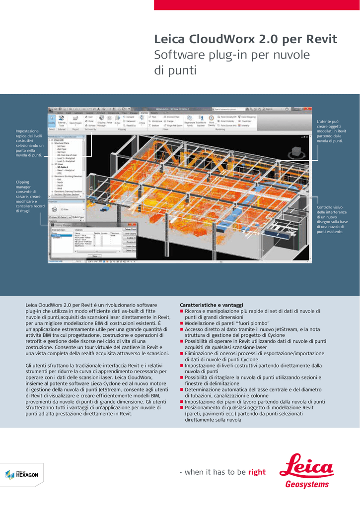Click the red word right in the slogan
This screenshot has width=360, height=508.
point(257,472)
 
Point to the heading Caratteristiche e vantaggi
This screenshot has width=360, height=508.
point(211,305)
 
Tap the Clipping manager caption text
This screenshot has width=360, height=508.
point(30,196)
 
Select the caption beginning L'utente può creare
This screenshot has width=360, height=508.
point(330,131)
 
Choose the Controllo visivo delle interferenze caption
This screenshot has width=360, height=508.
point(332,219)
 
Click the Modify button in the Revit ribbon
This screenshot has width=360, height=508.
point(52,121)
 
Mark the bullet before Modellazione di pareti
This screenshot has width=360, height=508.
point(182,323)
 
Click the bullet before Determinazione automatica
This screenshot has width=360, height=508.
point(182,390)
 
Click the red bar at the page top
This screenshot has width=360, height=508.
point(257,5)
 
